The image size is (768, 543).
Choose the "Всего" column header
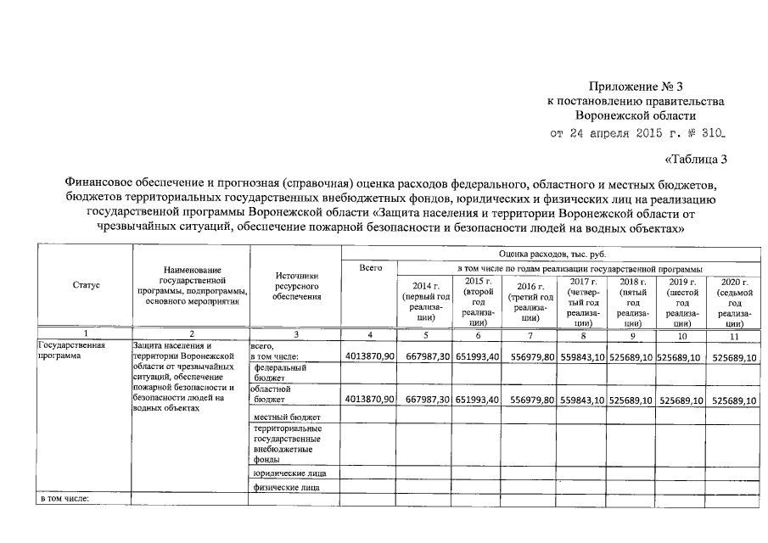371,268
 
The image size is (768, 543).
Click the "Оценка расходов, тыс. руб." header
552,254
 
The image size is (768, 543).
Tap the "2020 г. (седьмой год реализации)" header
735,301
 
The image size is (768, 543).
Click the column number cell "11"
735,337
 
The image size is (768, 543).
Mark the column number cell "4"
371,337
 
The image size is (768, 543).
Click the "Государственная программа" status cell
72,351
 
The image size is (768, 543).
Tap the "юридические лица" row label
289,473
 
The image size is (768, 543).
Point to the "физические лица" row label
287,488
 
